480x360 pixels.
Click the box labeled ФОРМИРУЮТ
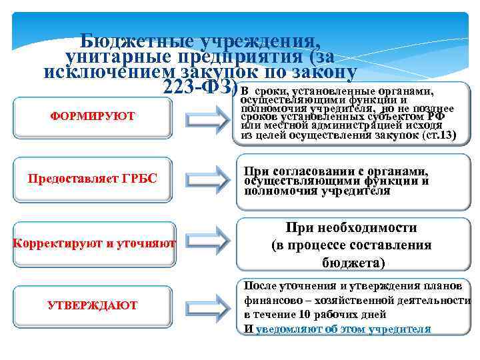tap(93, 116)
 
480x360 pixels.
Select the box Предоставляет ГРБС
tap(93, 178)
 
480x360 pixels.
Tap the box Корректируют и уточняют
tap(93, 243)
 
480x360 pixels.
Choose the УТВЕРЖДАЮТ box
tap(93, 305)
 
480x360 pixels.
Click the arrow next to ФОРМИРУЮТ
tap(203, 116)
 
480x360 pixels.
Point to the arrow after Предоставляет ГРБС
tap(203, 178)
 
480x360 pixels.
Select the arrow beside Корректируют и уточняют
tap(203, 243)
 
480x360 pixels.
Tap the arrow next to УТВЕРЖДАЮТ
tap(203, 305)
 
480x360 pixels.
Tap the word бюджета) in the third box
tap(353, 262)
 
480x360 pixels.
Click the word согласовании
tap(305, 171)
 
